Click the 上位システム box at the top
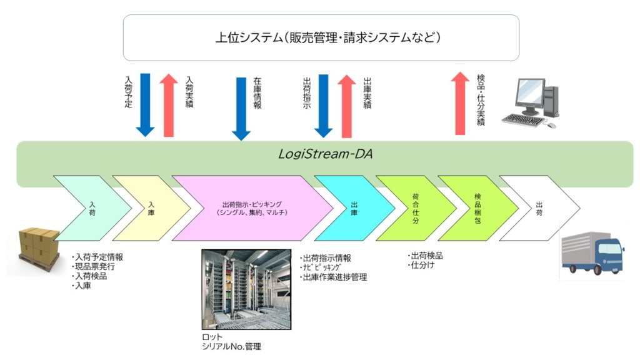[321, 37]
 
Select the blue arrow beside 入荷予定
[144, 104]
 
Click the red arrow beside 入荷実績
[168, 104]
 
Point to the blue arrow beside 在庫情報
[241, 108]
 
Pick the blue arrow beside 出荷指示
[323, 104]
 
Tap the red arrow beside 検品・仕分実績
[460, 103]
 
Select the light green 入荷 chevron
[87, 209]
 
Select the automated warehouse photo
[246, 289]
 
